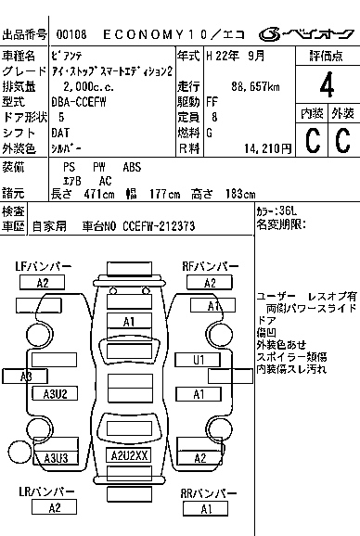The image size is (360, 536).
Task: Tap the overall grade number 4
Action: click(x=326, y=88)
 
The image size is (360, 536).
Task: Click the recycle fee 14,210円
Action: click(x=264, y=147)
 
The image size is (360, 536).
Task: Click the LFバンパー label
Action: click(x=44, y=267)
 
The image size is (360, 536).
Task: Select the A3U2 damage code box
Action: click(x=56, y=394)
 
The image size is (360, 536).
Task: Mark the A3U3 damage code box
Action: click(x=56, y=458)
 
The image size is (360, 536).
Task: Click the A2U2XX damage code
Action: click(x=130, y=456)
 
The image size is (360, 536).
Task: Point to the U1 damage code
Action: click(x=199, y=360)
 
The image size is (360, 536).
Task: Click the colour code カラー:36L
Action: click(x=276, y=211)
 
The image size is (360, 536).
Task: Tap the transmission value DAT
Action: click(x=62, y=133)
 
